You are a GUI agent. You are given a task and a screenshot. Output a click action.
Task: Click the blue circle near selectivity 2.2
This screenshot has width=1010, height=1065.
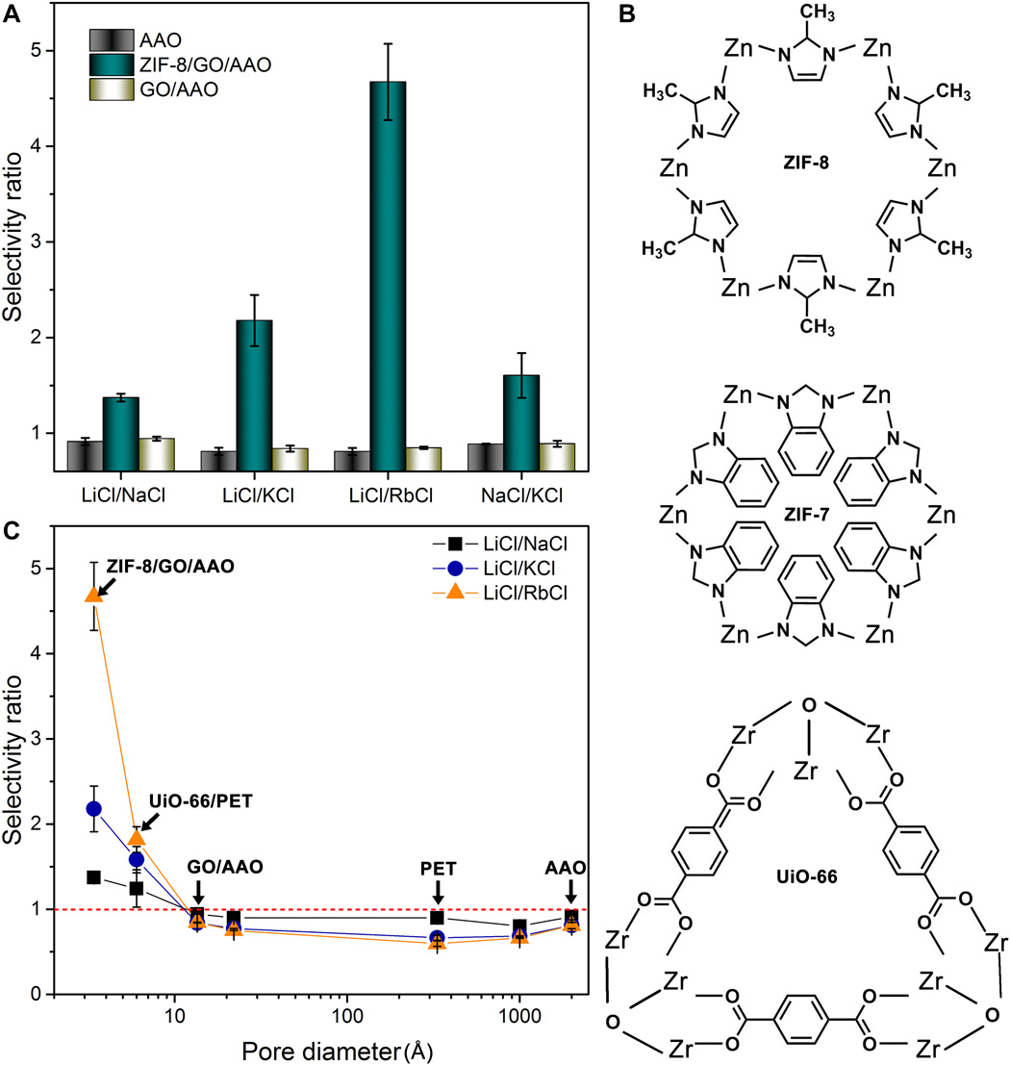click(x=94, y=808)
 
